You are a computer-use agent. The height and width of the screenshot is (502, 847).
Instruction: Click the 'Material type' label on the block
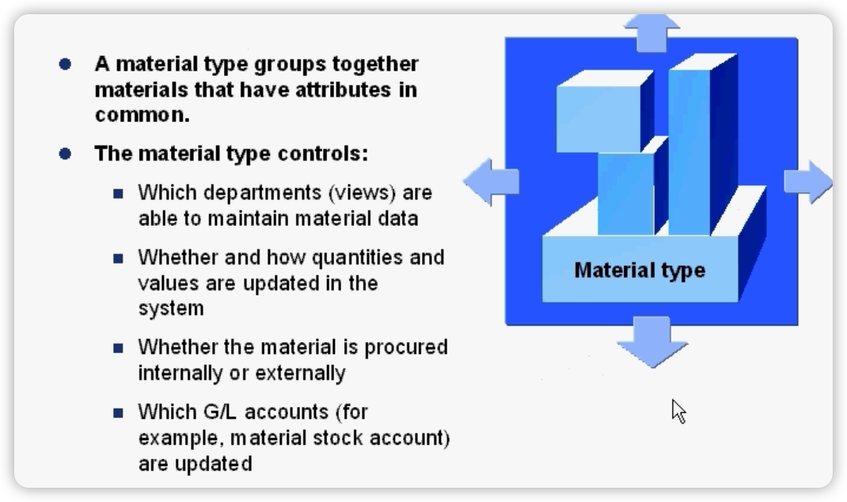(640, 271)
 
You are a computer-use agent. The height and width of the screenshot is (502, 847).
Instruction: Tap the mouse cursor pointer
(678, 410)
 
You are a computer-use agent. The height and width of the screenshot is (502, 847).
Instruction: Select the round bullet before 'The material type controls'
(65, 154)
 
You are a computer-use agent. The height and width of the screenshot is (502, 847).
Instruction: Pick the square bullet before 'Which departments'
(119, 193)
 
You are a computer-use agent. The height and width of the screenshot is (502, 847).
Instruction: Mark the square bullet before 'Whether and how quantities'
(119, 258)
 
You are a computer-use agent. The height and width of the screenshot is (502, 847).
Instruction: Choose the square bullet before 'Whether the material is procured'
(119, 348)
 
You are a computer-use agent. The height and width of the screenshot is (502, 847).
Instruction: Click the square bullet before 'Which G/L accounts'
(119, 413)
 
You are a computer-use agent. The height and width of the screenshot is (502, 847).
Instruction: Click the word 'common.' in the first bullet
(142, 114)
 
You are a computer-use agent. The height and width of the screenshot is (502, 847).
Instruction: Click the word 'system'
(171, 309)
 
